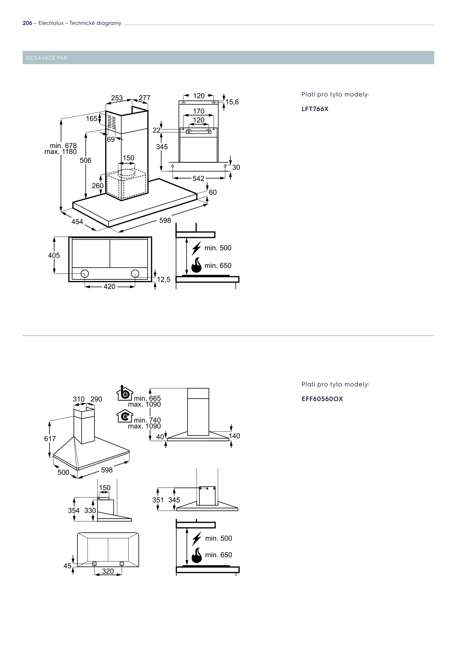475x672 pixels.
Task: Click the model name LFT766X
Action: [315, 109]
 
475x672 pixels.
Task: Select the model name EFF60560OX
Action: [322, 399]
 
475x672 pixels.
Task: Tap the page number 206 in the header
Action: [27, 23]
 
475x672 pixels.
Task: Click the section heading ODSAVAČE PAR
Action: [47, 58]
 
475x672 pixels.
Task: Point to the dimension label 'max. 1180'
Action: [61, 152]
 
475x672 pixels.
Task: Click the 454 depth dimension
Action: [77, 222]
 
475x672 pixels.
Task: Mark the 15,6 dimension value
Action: [232, 102]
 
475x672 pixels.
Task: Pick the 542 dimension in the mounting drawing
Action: [198, 179]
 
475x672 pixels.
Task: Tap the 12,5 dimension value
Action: [164, 280]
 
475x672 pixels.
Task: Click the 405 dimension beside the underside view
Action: [54, 255]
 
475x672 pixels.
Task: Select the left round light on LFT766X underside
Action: [85, 273]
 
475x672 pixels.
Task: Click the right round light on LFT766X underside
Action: [135, 273]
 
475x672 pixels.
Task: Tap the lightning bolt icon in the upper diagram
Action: [196, 248]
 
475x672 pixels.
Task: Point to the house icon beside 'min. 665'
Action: [125, 394]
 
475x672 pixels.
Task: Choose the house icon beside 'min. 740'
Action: [125, 416]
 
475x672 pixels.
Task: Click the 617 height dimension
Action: [50, 439]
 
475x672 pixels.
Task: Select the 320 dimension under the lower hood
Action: [108, 571]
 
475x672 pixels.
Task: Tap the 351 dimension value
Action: [158, 500]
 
